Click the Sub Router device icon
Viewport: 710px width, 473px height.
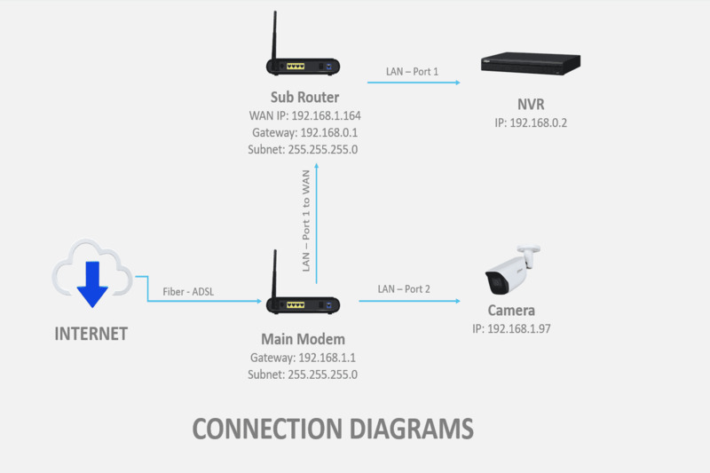(304, 66)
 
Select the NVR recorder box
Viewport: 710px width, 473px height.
(530, 63)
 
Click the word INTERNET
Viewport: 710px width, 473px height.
(91, 335)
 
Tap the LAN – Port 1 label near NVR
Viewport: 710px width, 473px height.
(412, 70)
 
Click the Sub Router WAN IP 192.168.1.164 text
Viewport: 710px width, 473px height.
(304, 116)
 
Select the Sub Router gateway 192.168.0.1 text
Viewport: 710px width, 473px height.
(304, 133)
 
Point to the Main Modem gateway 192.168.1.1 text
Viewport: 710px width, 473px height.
(303, 358)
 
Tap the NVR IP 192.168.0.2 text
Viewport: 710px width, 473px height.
(530, 122)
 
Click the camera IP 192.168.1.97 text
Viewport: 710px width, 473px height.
(511, 328)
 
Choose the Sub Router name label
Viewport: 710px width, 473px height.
(304, 97)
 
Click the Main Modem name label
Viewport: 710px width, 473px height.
(303, 339)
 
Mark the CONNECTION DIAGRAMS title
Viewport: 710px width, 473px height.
(333, 429)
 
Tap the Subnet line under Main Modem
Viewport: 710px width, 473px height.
(303, 374)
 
